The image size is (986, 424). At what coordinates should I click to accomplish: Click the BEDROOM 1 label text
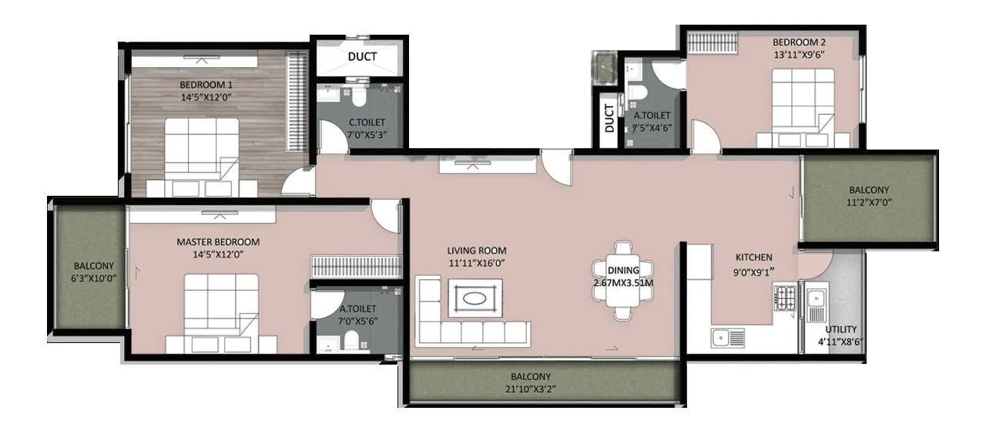coord(206,85)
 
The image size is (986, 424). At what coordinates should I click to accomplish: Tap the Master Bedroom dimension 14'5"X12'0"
coord(218,254)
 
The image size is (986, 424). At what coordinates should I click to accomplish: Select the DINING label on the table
coord(622,271)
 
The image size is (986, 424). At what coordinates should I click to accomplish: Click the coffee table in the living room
coord(474,298)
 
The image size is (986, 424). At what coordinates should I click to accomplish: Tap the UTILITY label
coord(840,329)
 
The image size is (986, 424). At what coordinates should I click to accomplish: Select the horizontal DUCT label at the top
coord(361,57)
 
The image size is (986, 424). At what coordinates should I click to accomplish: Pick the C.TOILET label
coord(367,122)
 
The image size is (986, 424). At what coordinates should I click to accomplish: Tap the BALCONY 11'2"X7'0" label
coord(868,190)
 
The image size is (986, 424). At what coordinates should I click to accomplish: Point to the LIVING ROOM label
coord(476,251)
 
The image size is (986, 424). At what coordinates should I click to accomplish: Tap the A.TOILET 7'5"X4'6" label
coord(652,116)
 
